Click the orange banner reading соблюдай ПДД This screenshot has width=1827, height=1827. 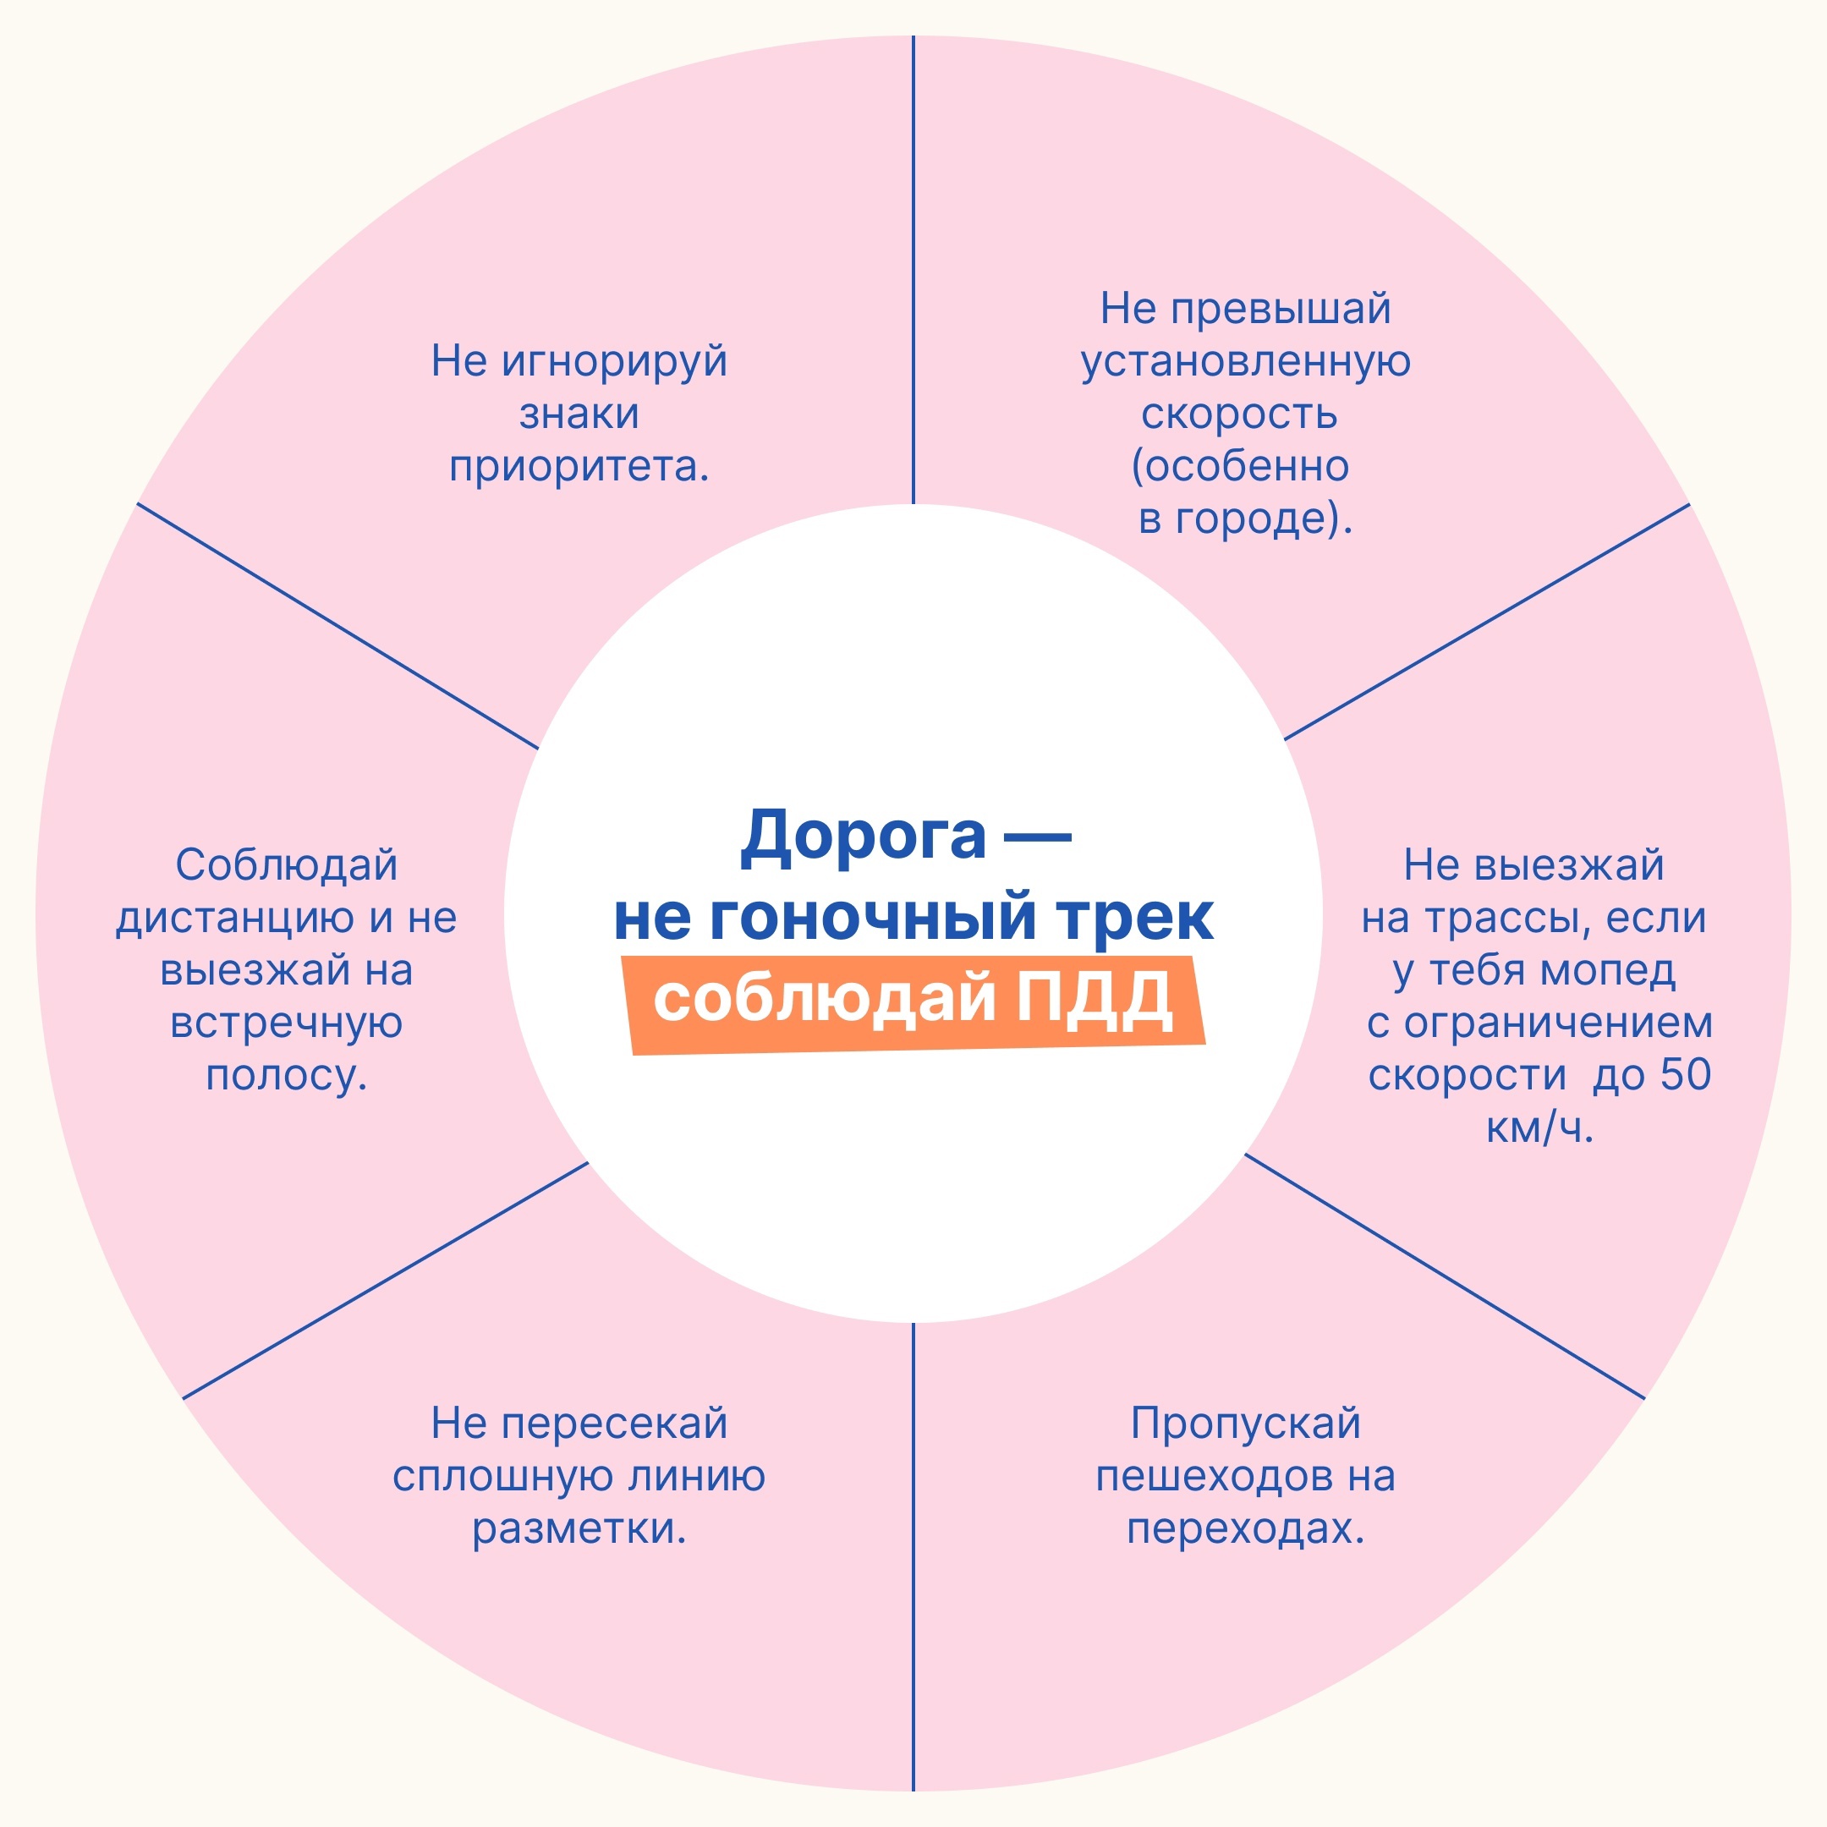[913, 1004]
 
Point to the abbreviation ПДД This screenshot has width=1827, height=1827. [1095, 1000]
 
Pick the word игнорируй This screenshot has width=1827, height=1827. [615, 362]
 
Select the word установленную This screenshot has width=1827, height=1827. [1245, 362]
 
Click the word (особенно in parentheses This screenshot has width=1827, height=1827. [1240, 466]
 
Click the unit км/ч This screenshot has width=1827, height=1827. [1539, 1127]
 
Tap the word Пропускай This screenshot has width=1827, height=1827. [1245, 1424]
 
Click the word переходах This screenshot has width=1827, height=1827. [1245, 1529]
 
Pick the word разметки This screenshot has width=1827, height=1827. [579, 1529]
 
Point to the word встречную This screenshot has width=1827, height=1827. [287, 1023]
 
